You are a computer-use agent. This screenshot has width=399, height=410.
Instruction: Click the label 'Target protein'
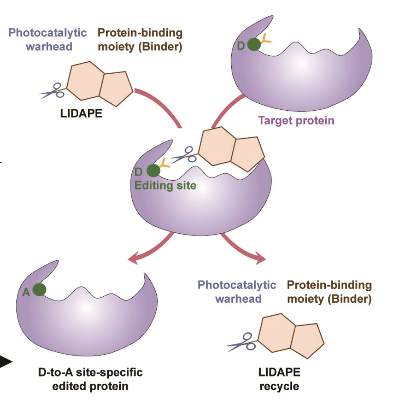click(x=296, y=120)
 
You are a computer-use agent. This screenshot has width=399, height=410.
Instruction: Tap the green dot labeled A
click(x=39, y=290)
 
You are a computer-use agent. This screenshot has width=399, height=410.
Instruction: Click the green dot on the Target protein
click(x=254, y=45)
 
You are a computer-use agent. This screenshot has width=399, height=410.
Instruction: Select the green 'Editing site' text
click(x=165, y=186)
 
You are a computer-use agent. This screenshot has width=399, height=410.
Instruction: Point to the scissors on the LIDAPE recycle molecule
click(x=240, y=342)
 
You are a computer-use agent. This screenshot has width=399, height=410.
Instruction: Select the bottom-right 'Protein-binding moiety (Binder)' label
click(x=329, y=292)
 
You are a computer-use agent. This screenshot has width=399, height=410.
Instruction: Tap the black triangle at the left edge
click(x=5, y=362)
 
